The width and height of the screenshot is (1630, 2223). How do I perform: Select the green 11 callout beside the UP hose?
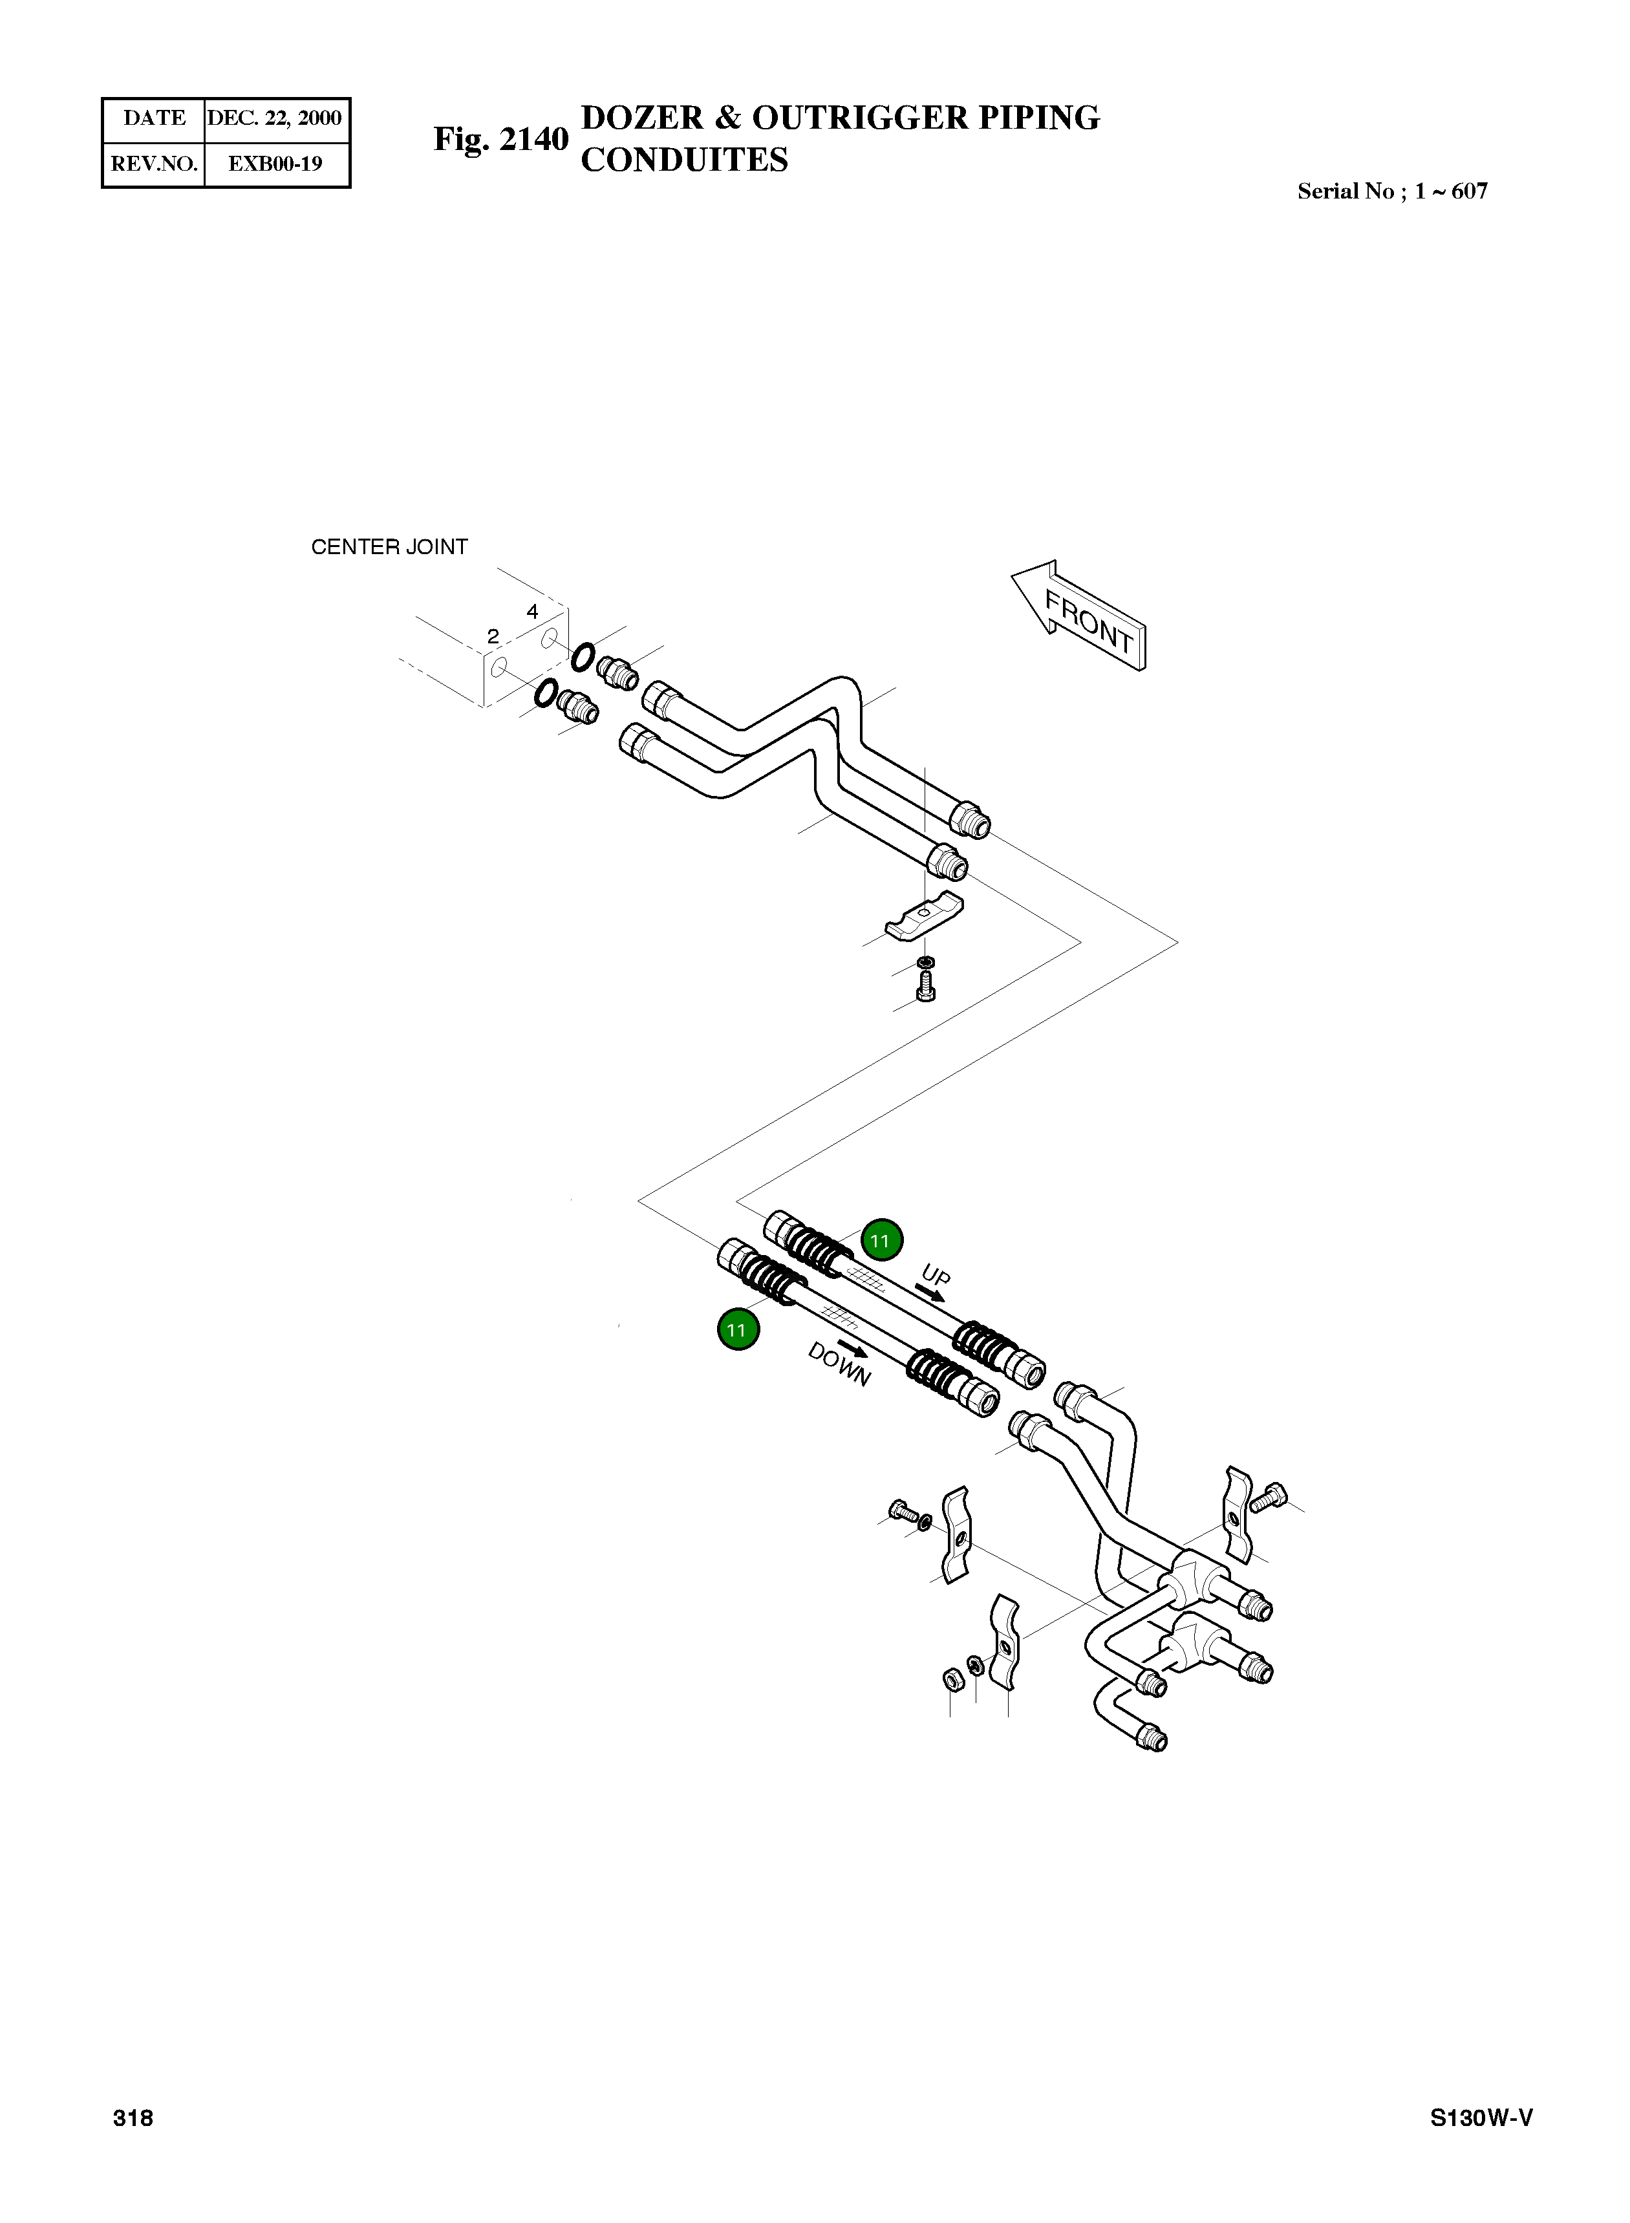[881, 1240]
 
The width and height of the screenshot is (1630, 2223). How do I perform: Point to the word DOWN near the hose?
[839, 1364]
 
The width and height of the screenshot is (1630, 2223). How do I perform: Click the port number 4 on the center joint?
[532, 612]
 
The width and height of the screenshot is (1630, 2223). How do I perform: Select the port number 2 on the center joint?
[492, 636]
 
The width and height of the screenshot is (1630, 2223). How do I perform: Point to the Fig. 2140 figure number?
[501, 139]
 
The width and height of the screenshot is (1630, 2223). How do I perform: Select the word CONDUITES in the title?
[684, 160]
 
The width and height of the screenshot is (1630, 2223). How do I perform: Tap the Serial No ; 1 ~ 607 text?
[1391, 191]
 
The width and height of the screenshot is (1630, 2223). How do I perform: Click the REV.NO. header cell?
[154, 164]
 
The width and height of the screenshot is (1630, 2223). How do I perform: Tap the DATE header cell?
[154, 118]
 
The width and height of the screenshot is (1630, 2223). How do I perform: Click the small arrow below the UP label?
[930, 1294]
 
